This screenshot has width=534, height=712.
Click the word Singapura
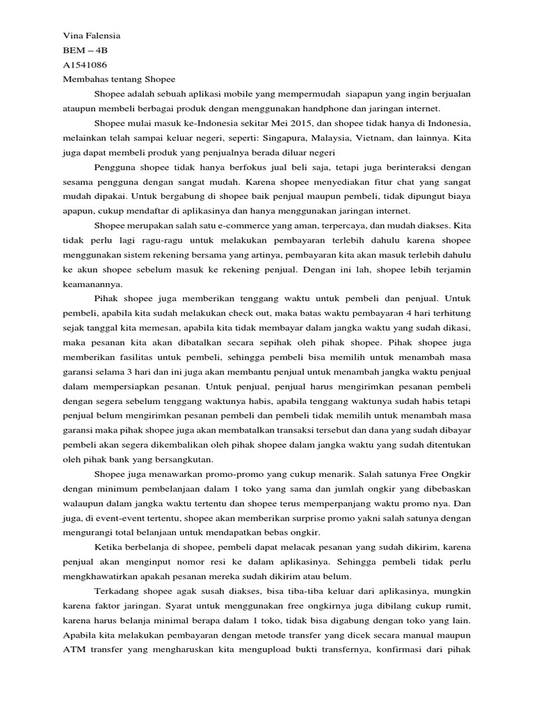point(266,138)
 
